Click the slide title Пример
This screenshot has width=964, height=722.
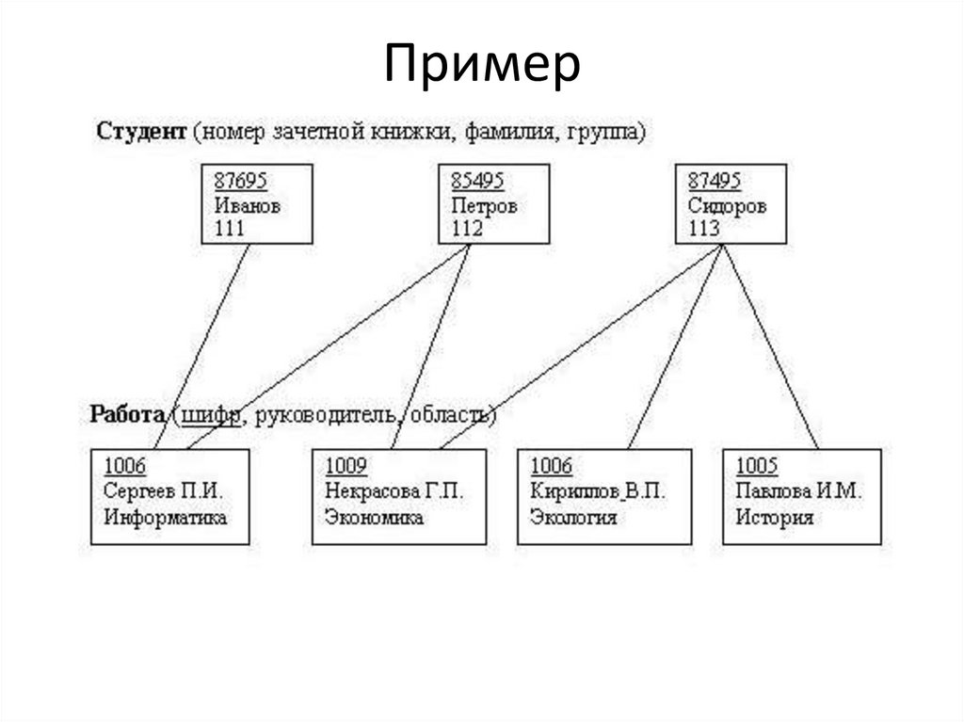482,67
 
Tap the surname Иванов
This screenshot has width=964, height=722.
248,205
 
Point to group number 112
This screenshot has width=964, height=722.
467,229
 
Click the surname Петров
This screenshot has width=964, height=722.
484,205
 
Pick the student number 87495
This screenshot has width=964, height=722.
715,181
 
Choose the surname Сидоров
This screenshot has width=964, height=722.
727,205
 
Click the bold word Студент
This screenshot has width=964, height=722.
141,132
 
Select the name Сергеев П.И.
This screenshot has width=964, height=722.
164,491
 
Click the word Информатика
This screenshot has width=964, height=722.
166,517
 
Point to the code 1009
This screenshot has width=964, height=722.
346,466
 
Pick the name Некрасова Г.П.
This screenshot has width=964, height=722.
394,491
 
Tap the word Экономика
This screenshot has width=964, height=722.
374,517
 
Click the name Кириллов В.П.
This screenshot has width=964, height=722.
597,491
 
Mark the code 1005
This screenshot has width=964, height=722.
757,466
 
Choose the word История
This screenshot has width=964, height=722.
775,517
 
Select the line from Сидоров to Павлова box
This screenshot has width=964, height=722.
772,348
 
